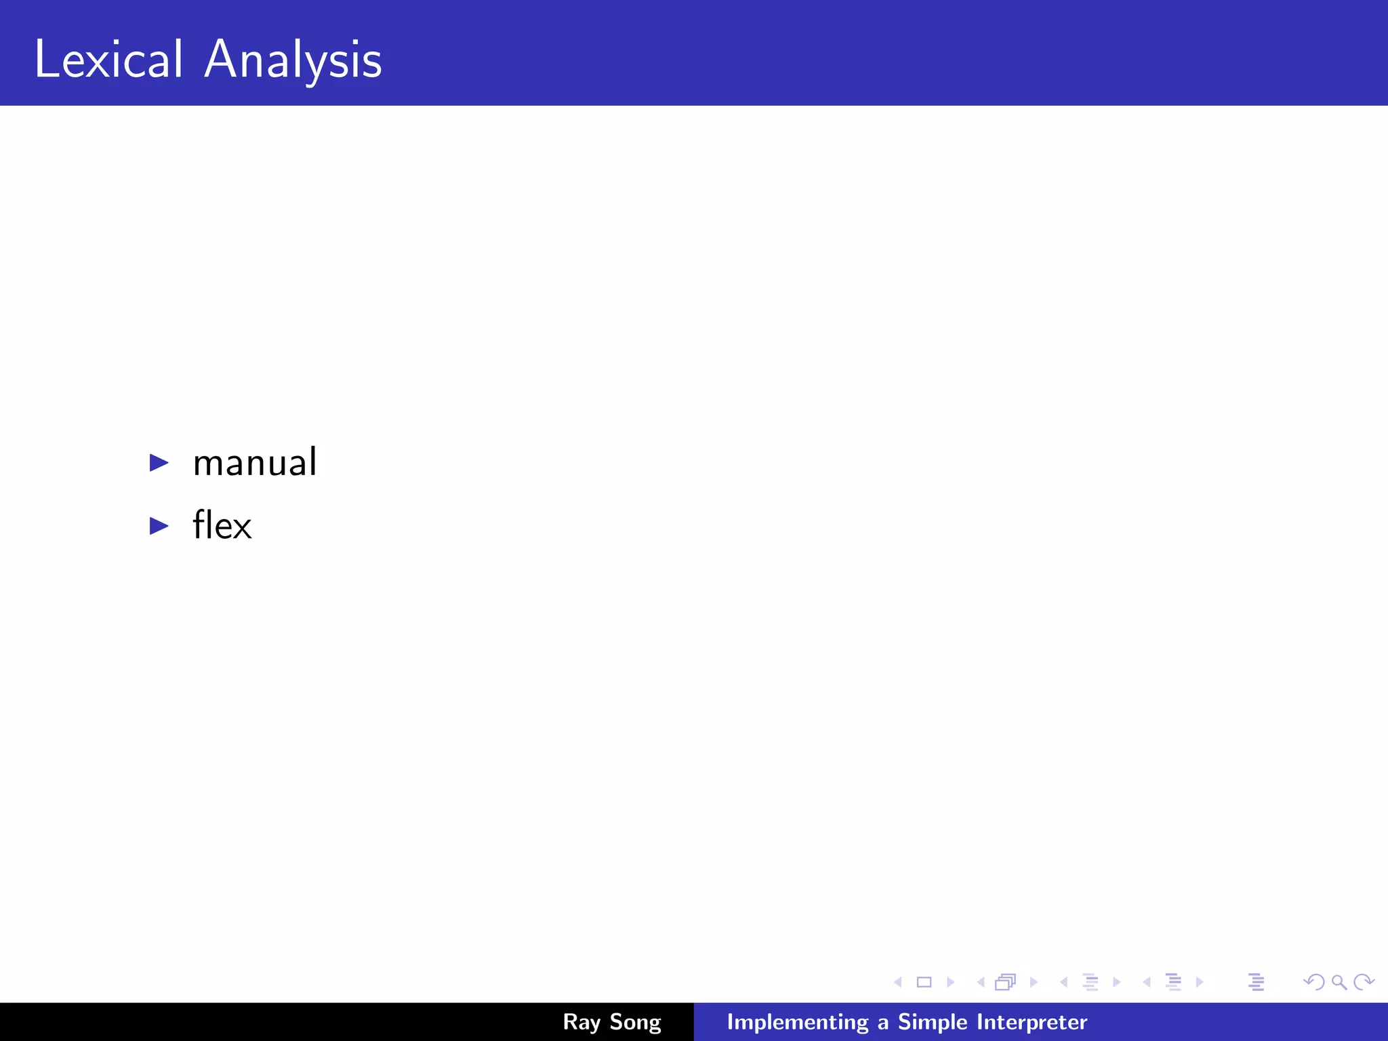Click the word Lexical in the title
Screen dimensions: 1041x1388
pyautogui.click(x=108, y=60)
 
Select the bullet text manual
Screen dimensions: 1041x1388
pyautogui.click(x=255, y=463)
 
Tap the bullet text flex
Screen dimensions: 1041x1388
pyautogui.click(x=222, y=525)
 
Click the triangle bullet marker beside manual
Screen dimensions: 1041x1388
pyautogui.click(x=159, y=463)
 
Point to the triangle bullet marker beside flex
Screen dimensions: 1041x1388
pyautogui.click(x=159, y=525)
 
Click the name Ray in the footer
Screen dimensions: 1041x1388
pyautogui.click(x=581, y=1022)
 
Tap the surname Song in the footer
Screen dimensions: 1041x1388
pyautogui.click(x=635, y=1022)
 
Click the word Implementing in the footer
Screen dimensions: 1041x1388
pyautogui.click(x=797, y=1022)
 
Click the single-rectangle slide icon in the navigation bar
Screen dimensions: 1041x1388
pyautogui.click(x=924, y=982)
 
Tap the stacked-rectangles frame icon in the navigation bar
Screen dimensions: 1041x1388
pyautogui.click(x=1006, y=982)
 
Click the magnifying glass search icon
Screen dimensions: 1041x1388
pyautogui.click(x=1339, y=982)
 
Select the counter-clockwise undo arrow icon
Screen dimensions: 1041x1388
pyautogui.click(x=1314, y=982)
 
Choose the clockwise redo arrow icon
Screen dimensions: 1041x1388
pyautogui.click(x=1363, y=982)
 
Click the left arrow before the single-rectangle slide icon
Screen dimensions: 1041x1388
pyautogui.click(x=898, y=982)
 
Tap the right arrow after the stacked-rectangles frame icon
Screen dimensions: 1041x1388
pyautogui.click(x=1034, y=982)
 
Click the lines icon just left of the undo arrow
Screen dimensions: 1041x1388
pyautogui.click(x=1256, y=982)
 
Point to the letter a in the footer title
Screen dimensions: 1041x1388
pyautogui.click(x=882, y=1023)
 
